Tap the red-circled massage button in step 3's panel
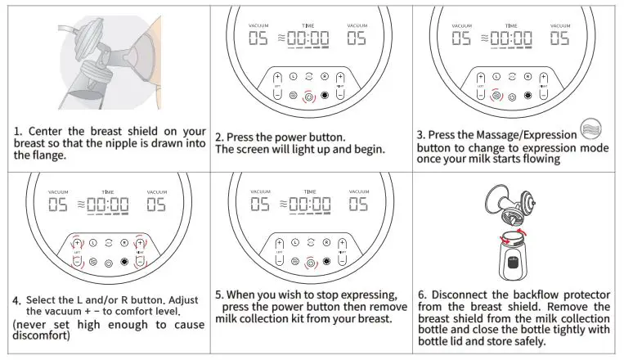pos(496,96)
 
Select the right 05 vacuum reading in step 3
pos(561,38)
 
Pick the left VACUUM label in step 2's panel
pos(258,25)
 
